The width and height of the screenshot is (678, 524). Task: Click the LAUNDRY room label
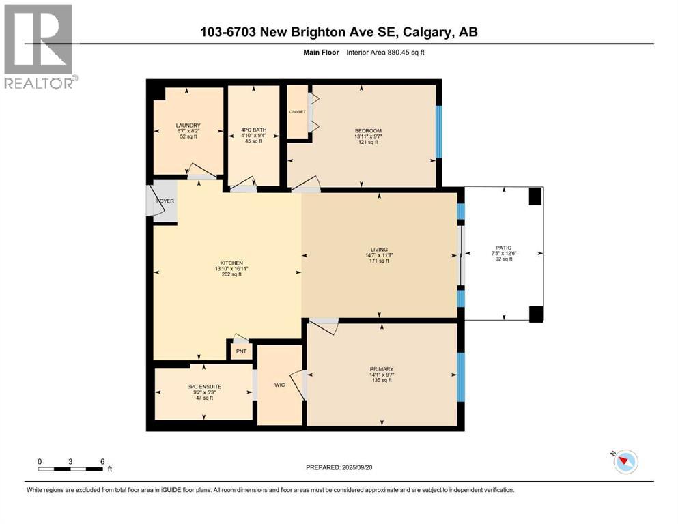pos(188,125)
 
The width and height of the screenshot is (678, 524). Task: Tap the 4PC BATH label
pos(253,129)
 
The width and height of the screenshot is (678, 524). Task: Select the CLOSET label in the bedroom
pos(297,112)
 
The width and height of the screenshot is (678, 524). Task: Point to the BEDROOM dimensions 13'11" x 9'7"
pos(367,136)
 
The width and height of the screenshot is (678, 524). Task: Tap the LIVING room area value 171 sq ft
pos(379,261)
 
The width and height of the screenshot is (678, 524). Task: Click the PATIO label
pos(504,248)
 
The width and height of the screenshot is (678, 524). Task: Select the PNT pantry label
pos(240,353)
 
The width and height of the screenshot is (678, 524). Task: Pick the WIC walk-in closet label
pos(279,385)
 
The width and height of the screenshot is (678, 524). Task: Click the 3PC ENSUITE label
pos(204,387)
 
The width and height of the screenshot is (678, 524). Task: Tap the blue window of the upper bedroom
pos(439,132)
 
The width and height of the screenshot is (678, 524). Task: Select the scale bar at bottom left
pos(71,469)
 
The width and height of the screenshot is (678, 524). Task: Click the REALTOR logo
pos(40,46)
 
